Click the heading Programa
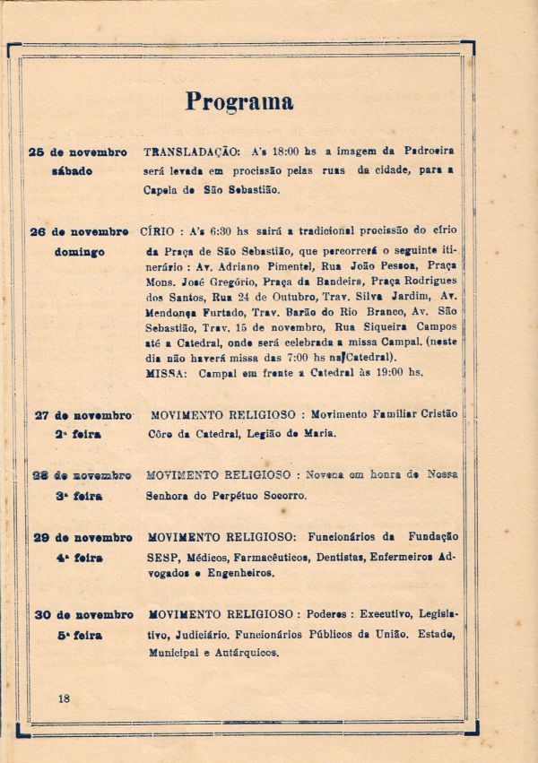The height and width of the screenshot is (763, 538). pos(239,101)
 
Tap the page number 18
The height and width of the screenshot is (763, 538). pos(63,698)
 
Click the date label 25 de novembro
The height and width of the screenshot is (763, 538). pos(79,152)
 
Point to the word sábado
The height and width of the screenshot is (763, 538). pos(73,171)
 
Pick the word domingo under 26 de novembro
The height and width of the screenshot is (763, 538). pos(80,252)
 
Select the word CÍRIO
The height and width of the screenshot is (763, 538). pos(158,232)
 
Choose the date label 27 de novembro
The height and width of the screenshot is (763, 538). pos(83,415)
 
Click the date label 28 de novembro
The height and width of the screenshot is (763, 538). pos(82,474)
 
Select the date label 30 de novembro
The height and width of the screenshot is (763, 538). pos(83,615)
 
